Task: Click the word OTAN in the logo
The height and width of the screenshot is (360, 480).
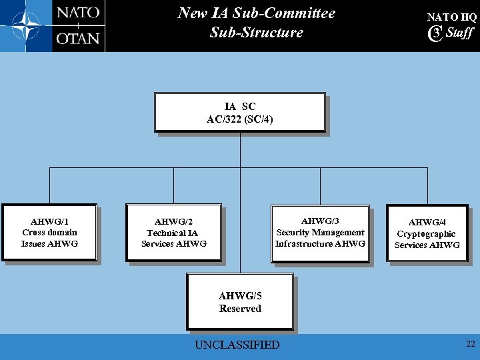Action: tap(78, 38)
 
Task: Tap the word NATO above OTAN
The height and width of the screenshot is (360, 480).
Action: tap(78, 13)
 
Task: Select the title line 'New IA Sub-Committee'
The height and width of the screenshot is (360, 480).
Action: tap(256, 13)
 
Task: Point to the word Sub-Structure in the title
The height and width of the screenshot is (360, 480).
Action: tap(256, 32)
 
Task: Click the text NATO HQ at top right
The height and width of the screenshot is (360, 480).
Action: tap(451, 17)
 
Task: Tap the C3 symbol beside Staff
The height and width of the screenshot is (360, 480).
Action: tap(436, 33)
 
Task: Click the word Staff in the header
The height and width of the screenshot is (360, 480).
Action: tap(459, 33)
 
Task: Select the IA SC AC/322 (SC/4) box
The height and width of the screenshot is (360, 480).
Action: tap(240, 113)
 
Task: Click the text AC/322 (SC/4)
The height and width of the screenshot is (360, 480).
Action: tap(240, 120)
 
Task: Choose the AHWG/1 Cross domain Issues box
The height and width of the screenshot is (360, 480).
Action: tap(49, 232)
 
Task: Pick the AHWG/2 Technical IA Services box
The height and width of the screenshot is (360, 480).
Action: tap(173, 233)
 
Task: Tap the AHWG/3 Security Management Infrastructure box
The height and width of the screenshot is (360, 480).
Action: tap(320, 232)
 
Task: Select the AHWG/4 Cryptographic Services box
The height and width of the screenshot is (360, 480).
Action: tap(427, 233)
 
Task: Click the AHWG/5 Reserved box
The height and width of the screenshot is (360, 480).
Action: tap(240, 301)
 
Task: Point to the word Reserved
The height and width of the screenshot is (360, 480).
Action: tap(240, 309)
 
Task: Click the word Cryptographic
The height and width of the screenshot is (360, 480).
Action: tap(426, 234)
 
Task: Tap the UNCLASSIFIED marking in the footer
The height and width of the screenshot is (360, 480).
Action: tap(237, 345)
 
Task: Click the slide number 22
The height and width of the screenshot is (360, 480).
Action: tap(470, 343)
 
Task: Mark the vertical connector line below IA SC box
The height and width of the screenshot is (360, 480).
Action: tap(240, 150)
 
